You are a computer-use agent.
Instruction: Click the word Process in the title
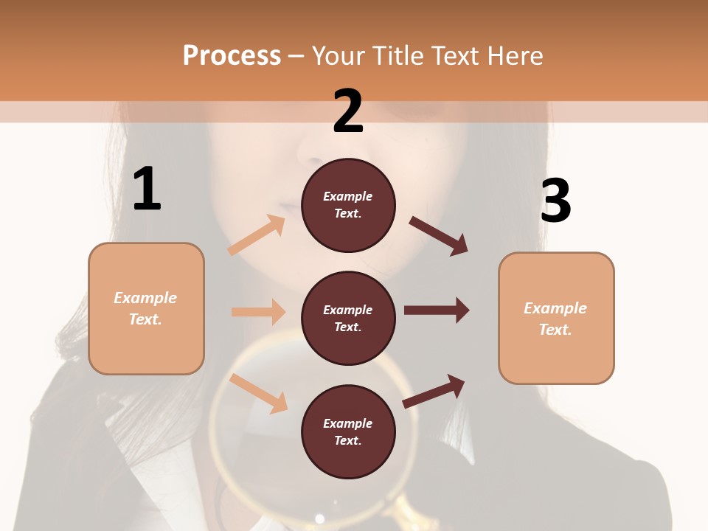(x=232, y=56)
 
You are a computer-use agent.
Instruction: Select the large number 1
(x=147, y=189)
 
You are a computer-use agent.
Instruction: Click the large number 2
(x=348, y=111)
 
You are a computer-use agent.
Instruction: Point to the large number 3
(x=555, y=201)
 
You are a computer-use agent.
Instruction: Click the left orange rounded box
(x=146, y=308)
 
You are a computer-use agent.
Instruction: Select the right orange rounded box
(x=556, y=318)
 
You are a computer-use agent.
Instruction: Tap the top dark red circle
(x=348, y=205)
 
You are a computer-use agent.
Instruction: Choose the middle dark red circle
(x=348, y=318)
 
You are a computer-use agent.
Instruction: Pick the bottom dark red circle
(x=348, y=431)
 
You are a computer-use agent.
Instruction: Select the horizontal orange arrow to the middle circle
(x=258, y=312)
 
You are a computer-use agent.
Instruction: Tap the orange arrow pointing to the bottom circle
(x=258, y=393)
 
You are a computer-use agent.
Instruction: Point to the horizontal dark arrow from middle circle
(x=437, y=310)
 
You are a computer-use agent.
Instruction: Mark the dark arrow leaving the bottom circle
(x=434, y=391)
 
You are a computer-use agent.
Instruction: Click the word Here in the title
(x=513, y=56)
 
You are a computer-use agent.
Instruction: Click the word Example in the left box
(x=145, y=298)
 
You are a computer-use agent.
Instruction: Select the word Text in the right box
(x=555, y=330)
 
